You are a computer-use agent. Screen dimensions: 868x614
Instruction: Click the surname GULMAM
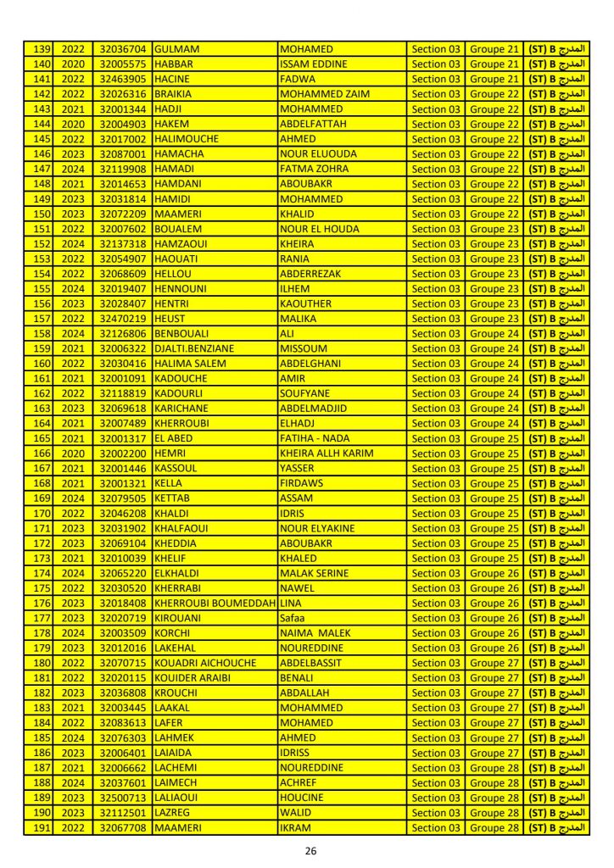click(x=177, y=49)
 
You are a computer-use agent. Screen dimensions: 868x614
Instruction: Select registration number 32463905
click(x=123, y=79)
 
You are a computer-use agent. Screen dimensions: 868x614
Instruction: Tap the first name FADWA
click(x=296, y=79)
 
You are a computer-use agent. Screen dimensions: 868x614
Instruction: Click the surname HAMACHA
click(x=180, y=154)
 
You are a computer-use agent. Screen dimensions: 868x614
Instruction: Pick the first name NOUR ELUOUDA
click(x=318, y=154)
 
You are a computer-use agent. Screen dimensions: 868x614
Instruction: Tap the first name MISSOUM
click(x=304, y=348)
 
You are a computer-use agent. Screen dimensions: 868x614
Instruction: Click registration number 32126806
click(x=123, y=334)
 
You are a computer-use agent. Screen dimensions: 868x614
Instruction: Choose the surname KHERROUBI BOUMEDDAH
click(x=215, y=603)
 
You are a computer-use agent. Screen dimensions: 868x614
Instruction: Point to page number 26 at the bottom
click(x=310, y=850)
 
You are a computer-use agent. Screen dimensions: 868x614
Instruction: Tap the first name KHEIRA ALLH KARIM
click(x=327, y=453)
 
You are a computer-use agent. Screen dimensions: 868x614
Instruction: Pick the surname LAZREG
click(x=173, y=812)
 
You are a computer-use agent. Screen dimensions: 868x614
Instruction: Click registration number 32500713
click(x=123, y=798)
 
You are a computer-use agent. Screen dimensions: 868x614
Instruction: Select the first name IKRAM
click(x=297, y=827)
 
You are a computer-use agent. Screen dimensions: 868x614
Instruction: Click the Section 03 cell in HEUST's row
click(x=435, y=319)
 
